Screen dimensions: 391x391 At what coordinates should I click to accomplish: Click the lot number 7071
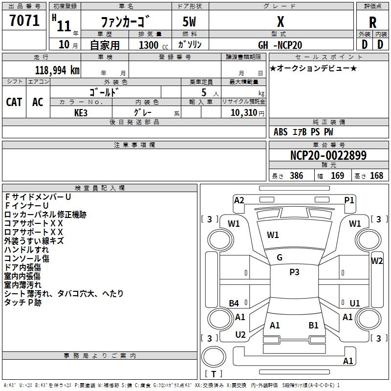coord(24,21)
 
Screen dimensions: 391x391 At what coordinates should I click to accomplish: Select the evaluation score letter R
coord(373,22)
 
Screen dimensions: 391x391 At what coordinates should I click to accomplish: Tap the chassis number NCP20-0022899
coord(328,155)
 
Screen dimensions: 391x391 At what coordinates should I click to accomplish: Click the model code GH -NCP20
coord(280,45)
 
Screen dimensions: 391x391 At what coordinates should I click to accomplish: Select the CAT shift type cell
coord(14,102)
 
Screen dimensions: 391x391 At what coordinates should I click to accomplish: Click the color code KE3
coord(81,112)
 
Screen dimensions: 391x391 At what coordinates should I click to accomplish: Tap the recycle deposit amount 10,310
coord(243,112)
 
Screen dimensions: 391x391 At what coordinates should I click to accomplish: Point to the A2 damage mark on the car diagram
coord(239,200)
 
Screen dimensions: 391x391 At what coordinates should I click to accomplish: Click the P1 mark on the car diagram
coord(349,200)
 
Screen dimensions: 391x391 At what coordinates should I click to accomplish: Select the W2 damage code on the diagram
coord(377,261)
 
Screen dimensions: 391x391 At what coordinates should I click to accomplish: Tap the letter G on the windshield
coord(280,257)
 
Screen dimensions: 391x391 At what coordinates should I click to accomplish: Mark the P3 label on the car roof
coord(294,273)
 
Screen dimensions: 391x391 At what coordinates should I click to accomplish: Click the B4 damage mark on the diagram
coord(234,304)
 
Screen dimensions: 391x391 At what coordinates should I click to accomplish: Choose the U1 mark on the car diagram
coord(354,303)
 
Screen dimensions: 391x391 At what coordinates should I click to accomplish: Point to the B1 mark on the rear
coord(313,325)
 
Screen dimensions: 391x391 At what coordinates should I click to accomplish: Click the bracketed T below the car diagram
coord(213,374)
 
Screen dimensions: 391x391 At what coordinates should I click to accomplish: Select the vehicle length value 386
coord(296,176)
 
